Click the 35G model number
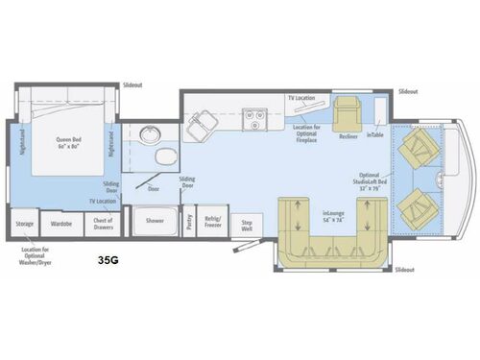108,259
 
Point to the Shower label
155,221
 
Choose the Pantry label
189,221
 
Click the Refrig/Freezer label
212,222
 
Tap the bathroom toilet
164,157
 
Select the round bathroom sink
149,133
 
